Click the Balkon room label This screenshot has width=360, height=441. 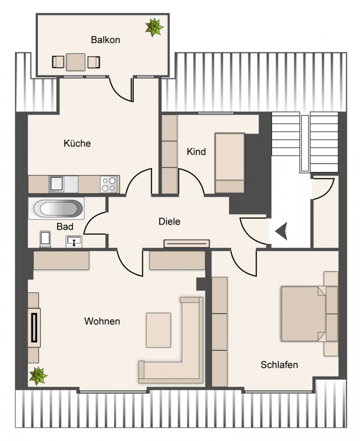pyautogui.click(x=105, y=40)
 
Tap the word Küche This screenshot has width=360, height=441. pyautogui.click(x=77, y=143)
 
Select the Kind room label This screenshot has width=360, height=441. pyautogui.click(x=196, y=151)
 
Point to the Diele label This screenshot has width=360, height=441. pyautogui.click(x=169, y=221)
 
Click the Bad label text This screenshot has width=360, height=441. pyautogui.click(x=65, y=226)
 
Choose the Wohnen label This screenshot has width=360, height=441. pyautogui.click(x=102, y=321)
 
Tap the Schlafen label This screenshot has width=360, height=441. pyautogui.click(x=279, y=365)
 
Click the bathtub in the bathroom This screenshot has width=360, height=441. pyautogui.click(x=56, y=208)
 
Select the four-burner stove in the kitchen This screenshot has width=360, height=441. pyautogui.click(x=109, y=185)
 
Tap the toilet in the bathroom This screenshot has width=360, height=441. pyautogui.click(x=45, y=239)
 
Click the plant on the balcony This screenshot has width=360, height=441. pyautogui.click(x=154, y=27)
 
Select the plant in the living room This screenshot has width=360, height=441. pyautogui.click(x=38, y=376)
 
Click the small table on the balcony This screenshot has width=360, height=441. pyautogui.click(x=76, y=62)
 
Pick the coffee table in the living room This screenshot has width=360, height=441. pyautogui.click(x=158, y=330)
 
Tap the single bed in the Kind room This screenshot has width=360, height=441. pyautogui.click(x=230, y=163)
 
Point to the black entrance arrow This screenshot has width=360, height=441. pyautogui.click(x=282, y=231)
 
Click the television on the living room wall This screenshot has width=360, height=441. pyautogui.click(x=34, y=328)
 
